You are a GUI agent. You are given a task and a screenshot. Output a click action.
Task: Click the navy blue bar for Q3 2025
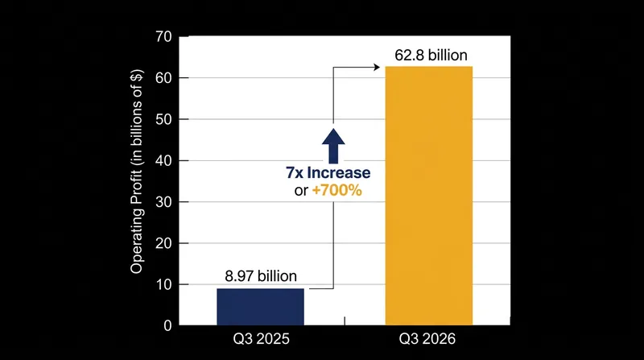(x=260, y=307)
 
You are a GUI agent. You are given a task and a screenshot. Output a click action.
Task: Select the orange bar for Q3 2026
(x=429, y=196)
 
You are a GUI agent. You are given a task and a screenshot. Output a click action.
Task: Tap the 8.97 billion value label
(x=261, y=276)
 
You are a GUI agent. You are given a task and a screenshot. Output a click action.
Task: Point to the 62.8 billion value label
(x=431, y=55)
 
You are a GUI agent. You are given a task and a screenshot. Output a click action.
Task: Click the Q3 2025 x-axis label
(x=261, y=339)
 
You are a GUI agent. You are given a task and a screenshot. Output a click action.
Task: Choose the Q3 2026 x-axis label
(x=427, y=339)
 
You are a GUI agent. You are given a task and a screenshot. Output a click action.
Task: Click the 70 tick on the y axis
(x=163, y=36)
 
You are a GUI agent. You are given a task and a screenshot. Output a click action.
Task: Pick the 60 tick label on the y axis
(x=163, y=78)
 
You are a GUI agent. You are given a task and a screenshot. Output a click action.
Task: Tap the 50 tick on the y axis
(x=163, y=119)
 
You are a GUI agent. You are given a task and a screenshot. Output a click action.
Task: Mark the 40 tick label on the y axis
(x=163, y=161)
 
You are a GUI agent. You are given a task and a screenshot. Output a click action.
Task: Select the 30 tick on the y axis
(x=163, y=202)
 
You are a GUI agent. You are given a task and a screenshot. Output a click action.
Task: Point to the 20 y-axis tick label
(x=163, y=243)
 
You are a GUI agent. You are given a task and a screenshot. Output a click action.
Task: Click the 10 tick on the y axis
(x=163, y=284)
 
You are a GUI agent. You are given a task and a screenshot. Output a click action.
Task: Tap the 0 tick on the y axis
(x=167, y=326)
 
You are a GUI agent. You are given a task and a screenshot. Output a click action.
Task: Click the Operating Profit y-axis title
(x=136, y=172)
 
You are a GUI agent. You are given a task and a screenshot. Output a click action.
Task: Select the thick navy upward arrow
(x=333, y=146)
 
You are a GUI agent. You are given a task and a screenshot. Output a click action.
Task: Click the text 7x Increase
(x=328, y=172)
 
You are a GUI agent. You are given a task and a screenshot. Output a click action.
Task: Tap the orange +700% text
(x=336, y=190)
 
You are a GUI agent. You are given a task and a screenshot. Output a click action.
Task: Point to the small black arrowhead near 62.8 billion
(x=376, y=67)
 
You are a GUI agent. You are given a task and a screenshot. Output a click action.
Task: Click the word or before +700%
(x=301, y=191)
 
